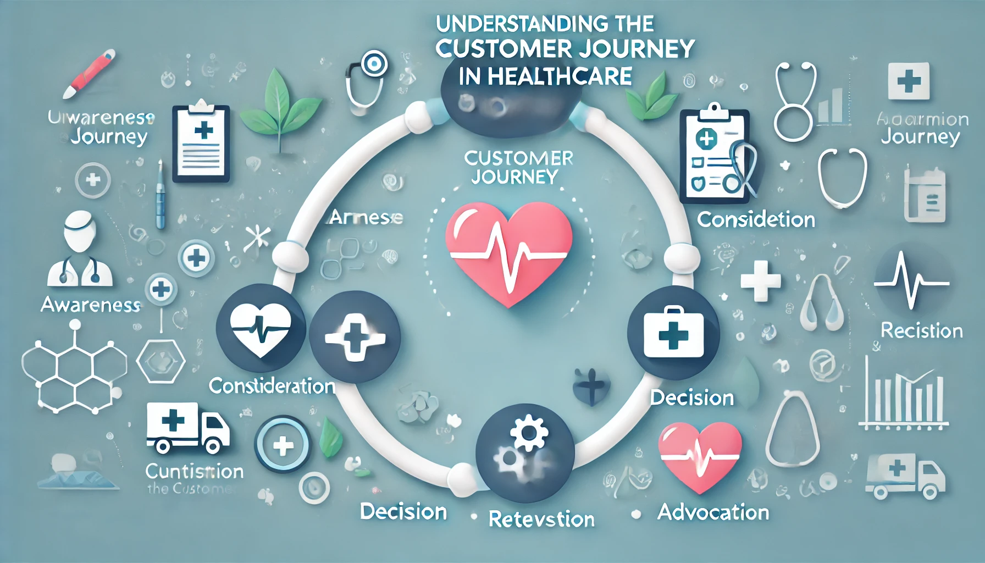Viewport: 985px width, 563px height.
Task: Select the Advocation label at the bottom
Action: pyautogui.click(x=713, y=512)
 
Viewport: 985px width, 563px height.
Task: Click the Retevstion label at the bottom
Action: pyautogui.click(x=541, y=520)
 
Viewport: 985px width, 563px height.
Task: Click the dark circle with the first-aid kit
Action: pyautogui.click(x=673, y=333)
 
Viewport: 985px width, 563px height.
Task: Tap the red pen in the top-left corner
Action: pyautogui.click(x=89, y=74)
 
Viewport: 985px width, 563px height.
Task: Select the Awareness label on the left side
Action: pyautogui.click(x=91, y=305)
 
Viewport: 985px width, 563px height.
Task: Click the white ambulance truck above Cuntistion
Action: pyautogui.click(x=187, y=428)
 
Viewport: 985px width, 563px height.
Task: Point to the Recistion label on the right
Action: pyautogui.click(x=921, y=331)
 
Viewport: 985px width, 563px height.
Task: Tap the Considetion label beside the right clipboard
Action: pyautogui.click(x=756, y=220)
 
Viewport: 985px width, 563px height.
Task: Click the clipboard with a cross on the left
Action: pyautogui.click(x=201, y=143)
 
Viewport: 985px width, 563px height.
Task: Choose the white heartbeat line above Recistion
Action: pyautogui.click(x=911, y=280)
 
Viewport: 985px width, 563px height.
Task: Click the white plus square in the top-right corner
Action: pyautogui.click(x=909, y=81)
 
